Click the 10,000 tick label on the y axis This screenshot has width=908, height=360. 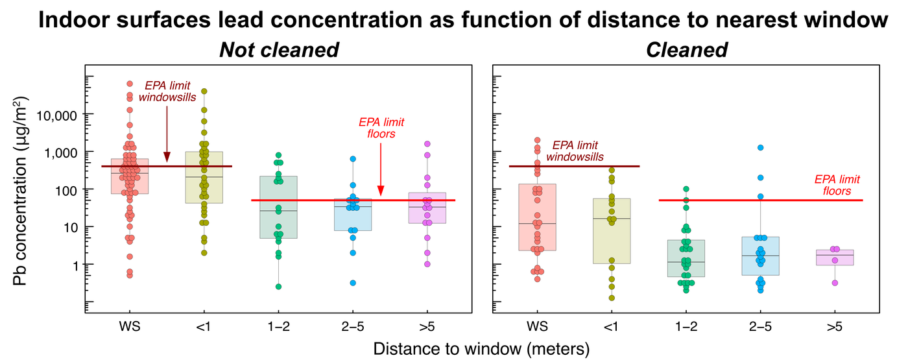tap(58, 115)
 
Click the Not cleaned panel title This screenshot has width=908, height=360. tap(279, 50)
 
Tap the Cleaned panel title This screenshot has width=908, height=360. tap(687, 50)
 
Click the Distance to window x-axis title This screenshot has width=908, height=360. tap(481, 348)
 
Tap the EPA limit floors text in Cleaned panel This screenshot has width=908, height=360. tap(837, 186)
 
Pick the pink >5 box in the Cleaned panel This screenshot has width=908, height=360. tap(835, 258)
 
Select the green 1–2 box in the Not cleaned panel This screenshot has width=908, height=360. tap(279, 207)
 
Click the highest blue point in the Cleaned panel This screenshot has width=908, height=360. tap(760, 148)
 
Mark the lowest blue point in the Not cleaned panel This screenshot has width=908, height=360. tap(353, 283)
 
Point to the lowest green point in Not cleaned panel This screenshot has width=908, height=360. tap(279, 287)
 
